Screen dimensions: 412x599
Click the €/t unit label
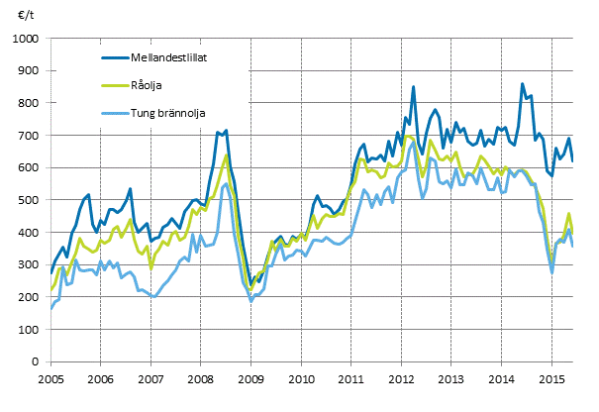(23, 17)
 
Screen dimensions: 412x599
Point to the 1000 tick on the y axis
(25, 38)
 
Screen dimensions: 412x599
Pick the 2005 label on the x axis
(50, 379)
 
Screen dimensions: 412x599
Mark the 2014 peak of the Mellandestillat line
(522, 85)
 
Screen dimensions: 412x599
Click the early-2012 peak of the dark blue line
(414, 87)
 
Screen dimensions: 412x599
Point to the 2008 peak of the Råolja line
(227, 155)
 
